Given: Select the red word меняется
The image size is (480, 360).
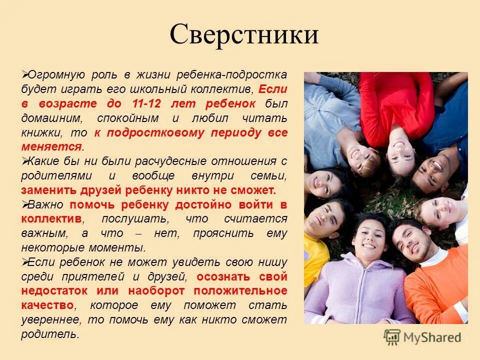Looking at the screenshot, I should pos(51,147).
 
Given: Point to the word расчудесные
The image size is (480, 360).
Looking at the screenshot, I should pos(168,161).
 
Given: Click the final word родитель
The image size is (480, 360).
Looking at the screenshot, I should pos(49,334).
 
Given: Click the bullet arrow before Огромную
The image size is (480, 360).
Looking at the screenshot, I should pos(24,74).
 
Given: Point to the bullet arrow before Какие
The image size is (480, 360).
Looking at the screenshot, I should pos(24,161).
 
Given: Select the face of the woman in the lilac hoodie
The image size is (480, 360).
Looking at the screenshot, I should pos(368,237).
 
